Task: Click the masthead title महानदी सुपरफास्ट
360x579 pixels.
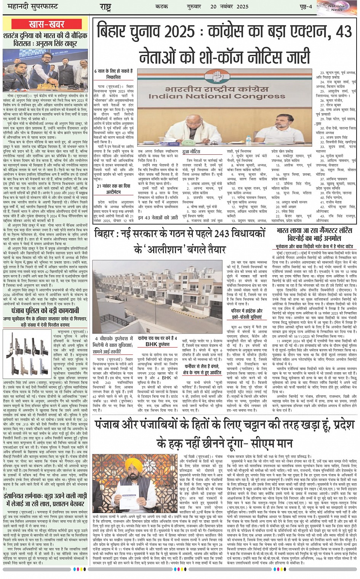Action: [x=30, y=7]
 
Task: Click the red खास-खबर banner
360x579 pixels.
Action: [x=46, y=24]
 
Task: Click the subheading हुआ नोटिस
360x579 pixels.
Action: [x=191, y=151]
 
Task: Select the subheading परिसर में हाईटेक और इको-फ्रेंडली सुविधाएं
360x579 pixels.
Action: [x=246, y=314]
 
